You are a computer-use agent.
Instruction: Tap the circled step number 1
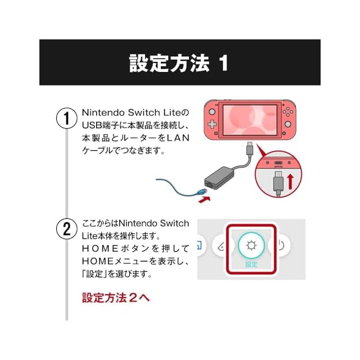[66, 119]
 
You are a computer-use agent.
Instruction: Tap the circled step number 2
[66, 229]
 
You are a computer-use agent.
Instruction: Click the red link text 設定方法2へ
[116, 298]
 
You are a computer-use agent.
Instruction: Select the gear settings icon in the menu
[251, 246]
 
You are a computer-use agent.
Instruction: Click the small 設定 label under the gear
[251, 264]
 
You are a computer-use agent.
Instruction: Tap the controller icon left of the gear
[221, 246]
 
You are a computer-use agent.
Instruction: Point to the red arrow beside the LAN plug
[204, 199]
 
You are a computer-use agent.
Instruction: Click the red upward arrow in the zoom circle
[290, 181]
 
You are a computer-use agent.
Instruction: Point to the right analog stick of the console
[287, 123]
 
